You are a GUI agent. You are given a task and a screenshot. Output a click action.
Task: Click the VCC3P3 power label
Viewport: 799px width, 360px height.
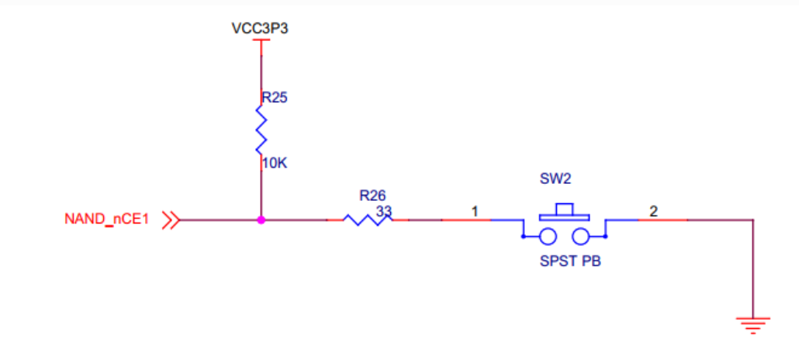coord(261,29)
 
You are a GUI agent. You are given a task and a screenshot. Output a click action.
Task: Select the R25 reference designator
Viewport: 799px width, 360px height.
coord(274,98)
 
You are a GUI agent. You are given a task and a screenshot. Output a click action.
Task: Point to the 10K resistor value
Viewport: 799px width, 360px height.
coord(275,164)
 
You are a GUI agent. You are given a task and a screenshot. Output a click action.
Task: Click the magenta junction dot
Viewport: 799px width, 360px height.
coord(261,220)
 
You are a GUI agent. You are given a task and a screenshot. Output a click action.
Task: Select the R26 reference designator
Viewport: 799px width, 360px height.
coord(372,195)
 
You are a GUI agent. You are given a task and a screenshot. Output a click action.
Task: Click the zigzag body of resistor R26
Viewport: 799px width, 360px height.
coord(365,220)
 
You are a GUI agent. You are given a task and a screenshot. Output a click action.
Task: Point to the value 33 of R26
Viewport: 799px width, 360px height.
coord(383,209)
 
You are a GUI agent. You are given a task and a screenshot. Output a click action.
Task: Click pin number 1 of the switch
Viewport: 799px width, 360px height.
coord(475,210)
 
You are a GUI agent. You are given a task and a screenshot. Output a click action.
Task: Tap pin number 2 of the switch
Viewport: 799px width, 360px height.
coord(653,210)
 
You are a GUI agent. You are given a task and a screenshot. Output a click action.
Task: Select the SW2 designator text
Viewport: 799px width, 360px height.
coord(555,179)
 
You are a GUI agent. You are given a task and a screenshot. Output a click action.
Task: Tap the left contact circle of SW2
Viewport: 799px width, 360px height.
coord(548,236)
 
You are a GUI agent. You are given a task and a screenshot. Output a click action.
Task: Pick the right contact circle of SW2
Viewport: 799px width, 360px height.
coord(582,236)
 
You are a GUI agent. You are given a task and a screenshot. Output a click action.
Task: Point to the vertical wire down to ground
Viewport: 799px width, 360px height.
coord(752,268)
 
